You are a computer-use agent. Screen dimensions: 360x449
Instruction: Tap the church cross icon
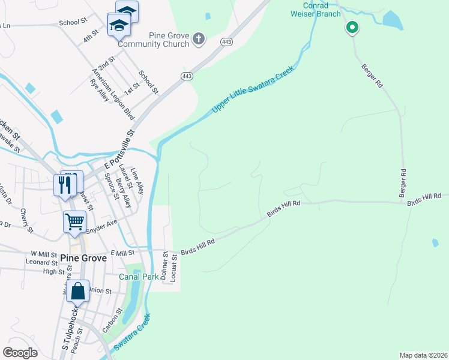point(199,40)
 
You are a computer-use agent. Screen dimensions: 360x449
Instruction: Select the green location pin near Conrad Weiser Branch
point(352,28)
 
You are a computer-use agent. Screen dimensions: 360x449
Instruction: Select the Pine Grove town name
point(83,258)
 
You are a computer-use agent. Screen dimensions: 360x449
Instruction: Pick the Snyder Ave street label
point(101,227)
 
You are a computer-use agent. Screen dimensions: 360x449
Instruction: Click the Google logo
point(20,353)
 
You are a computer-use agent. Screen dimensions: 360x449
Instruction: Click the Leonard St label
point(41,262)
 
